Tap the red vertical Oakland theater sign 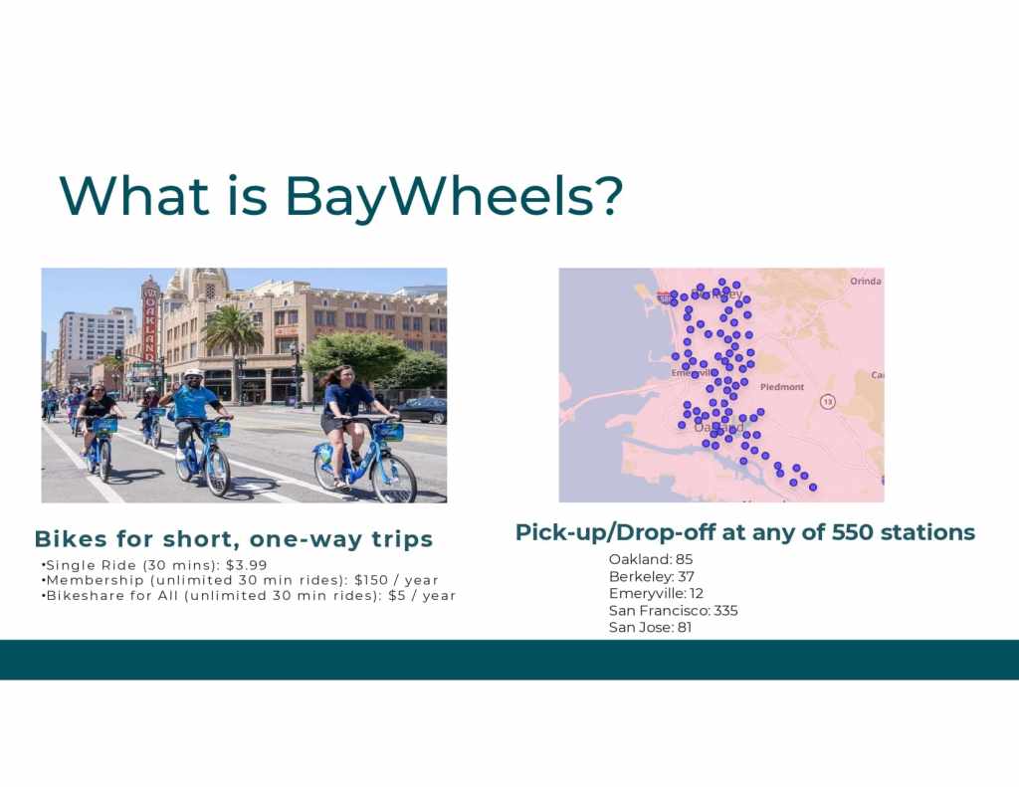click(150, 320)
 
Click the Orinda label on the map click(866, 281)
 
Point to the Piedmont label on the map click(782, 387)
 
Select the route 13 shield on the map click(827, 402)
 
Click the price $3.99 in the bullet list click(247, 565)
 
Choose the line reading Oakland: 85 click(651, 559)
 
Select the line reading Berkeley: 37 click(651, 576)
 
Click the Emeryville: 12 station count click(656, 593)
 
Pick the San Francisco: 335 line click(674, 610)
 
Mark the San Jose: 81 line click(650, 627)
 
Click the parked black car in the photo click(421, 411)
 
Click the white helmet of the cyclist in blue click(193, 374)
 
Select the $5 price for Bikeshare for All click(396, 595)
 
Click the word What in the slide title click(134, 195)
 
